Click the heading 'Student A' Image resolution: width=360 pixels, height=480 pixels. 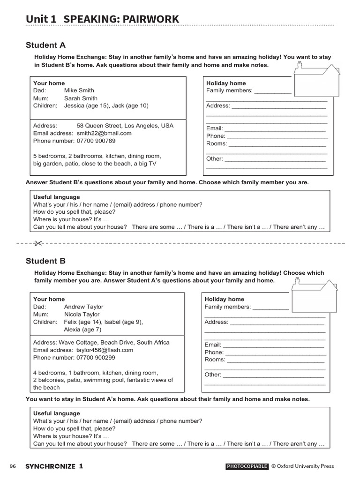[45, 45]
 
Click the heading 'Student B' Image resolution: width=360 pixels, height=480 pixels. [45, 261]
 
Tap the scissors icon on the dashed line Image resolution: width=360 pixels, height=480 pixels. [38, 243]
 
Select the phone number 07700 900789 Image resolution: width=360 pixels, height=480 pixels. [96, 141]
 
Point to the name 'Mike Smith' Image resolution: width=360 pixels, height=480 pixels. [79, 90]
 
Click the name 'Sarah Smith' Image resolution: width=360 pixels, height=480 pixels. [81, 98]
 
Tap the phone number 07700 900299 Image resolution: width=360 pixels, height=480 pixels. [96, 358]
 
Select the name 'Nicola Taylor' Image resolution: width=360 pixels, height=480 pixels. [82, 315]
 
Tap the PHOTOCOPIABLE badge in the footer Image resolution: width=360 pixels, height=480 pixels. [247, 466]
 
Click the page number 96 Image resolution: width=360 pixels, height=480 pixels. [13, 466]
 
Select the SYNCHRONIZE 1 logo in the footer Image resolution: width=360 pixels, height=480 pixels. [54, 466]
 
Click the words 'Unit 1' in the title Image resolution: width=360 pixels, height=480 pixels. [41, 19]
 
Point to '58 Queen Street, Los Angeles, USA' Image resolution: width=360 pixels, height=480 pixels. [125, 126]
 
